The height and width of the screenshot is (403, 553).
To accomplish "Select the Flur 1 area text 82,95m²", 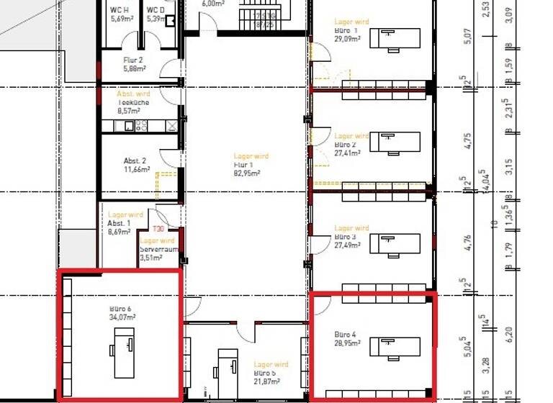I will (247, 173).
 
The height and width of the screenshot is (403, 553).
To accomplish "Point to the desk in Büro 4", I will (395, 347).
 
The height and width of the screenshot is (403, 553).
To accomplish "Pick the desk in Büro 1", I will (395, 37).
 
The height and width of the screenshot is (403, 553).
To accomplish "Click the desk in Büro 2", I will (395, 143).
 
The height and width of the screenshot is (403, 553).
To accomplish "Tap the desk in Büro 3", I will (395, 243).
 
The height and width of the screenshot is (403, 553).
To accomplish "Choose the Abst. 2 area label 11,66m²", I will (136, 170).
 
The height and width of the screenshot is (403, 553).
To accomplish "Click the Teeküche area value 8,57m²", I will (130, 112).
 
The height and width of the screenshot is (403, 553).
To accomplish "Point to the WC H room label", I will (119, 10).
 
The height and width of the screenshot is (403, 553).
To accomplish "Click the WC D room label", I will (155, 10).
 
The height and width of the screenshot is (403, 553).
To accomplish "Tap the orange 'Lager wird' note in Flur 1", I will (251, 156).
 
